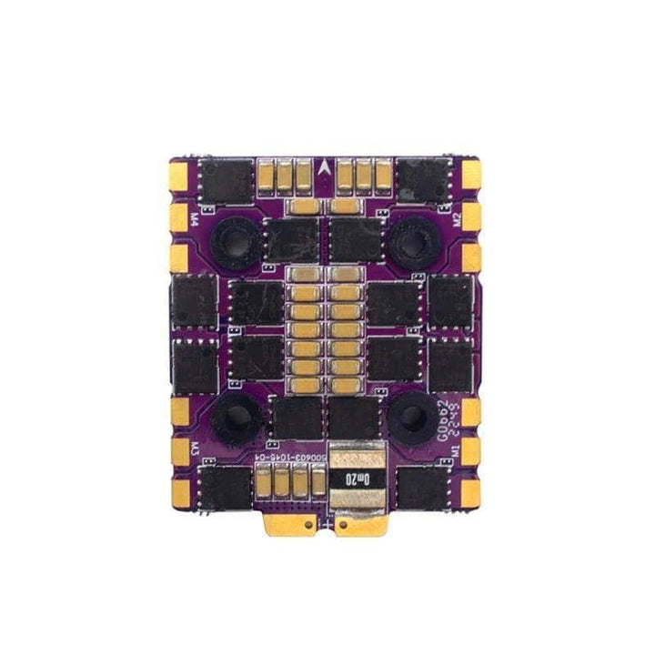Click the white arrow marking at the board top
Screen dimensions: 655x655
(327, 166)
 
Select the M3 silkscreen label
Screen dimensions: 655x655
(195, 448)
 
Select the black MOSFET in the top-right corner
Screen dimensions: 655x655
(428, 179)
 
